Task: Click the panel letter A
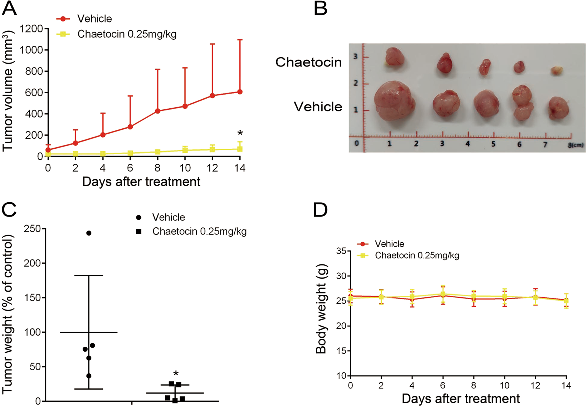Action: click(x=9, y=8)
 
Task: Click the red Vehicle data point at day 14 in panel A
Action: click(x=240, y=92)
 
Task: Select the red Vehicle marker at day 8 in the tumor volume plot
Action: click(x=157, y=111)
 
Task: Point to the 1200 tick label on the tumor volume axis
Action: click(x=31, y=29)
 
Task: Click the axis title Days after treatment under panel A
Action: click(x=141, y=182)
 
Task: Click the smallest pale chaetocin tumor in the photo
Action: click(x=557, y=70)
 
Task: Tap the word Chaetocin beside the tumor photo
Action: click(x=308, y=62)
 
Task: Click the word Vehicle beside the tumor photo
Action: click(x=318, y=107)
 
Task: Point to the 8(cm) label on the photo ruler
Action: click(x=575, y=145)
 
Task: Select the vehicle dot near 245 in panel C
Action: click(x=89, y=233)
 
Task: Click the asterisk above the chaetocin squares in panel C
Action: click(x=176, y=374)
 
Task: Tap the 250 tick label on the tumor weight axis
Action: click(x=32, y=229)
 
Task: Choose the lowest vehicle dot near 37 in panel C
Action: click(x=89, y=376)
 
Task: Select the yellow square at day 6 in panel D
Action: click(x=443, y=294)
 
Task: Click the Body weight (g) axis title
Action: click(x=321, y=309)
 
